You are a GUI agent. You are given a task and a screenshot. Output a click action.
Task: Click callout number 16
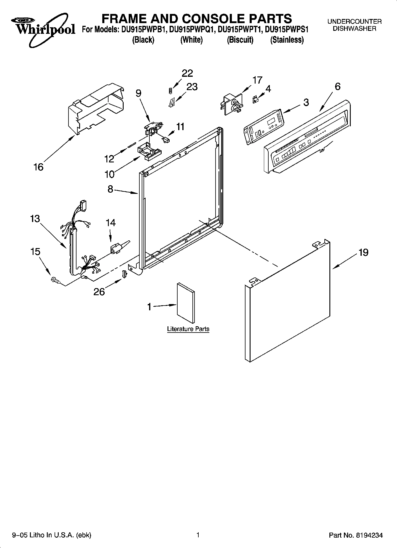39,167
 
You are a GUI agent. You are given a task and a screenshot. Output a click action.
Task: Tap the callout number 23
192,87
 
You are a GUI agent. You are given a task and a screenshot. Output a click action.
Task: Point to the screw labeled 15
55,279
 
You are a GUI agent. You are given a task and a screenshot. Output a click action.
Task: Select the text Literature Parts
188,329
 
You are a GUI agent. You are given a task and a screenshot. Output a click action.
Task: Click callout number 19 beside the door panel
363,253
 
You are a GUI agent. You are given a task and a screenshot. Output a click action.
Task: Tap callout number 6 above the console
337,87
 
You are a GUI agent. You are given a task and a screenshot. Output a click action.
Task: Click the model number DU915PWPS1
287,30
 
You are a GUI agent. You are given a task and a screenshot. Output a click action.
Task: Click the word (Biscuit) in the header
240,40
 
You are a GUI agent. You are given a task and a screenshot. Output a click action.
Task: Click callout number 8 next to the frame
110,189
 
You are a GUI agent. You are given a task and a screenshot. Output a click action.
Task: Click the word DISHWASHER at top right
354,29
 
